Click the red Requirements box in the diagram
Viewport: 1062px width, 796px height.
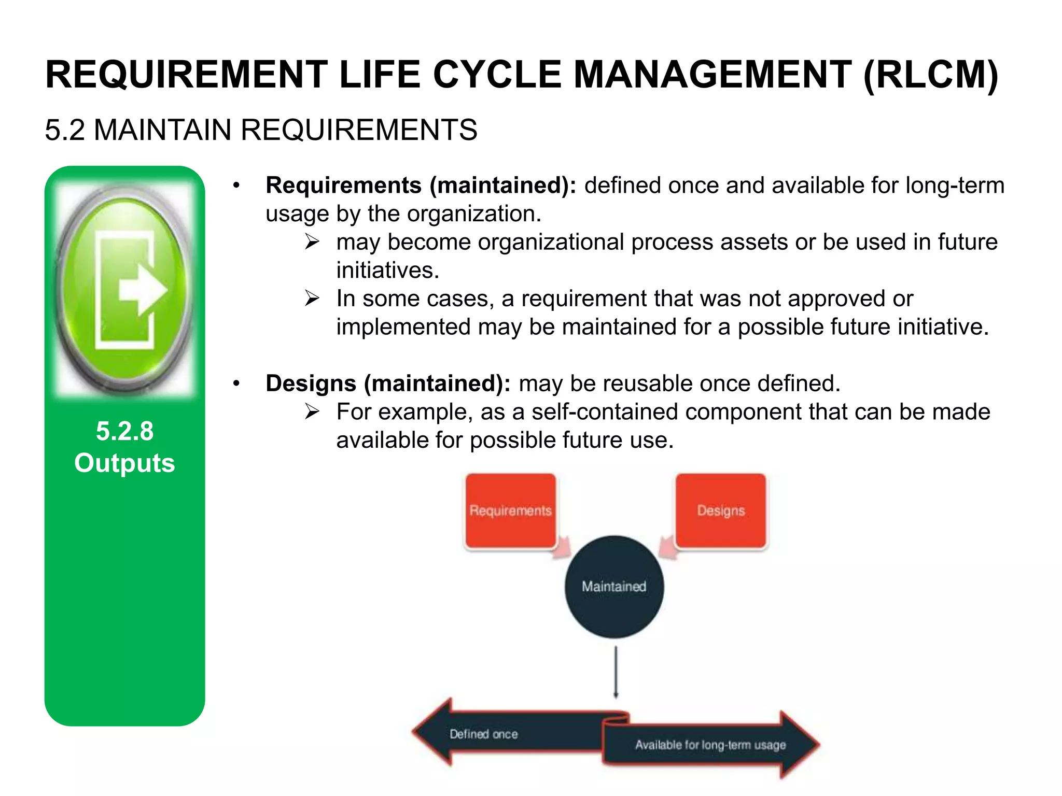click(x=510, y=510)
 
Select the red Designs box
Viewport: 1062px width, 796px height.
click(x=720, y=510)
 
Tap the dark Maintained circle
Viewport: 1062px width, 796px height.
click(x=614, y=587)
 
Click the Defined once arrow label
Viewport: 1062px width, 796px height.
click(x=483, y=734)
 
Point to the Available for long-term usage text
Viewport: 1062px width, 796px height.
click(x=710, y=745)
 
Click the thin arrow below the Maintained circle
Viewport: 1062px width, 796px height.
click(x=616, y=672)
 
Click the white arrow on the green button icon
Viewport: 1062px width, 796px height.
click(x=142, y=290)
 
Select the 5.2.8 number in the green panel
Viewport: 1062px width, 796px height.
click(x=124, y=431)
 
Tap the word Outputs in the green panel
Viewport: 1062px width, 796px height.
click(x=124, y=463)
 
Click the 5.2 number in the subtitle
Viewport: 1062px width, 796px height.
click(x=65, y=130)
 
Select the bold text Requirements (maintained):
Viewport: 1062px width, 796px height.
click(x=421, y=186)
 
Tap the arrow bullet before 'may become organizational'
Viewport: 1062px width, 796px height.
click(x=312, y=242)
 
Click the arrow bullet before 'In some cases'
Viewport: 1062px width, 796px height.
click(x=312, y=298)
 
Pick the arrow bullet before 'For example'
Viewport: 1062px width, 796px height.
click(x=312, y=412)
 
